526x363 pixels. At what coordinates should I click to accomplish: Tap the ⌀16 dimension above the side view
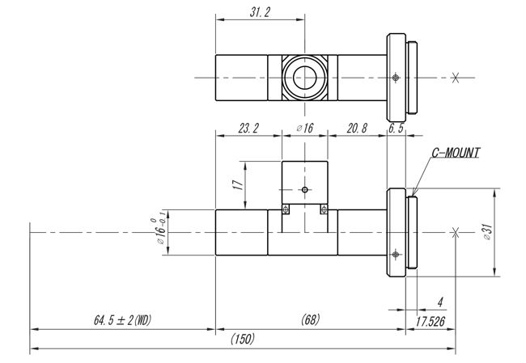(x=304, y=129)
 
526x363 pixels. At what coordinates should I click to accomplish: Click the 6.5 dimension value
(x=396, y=129)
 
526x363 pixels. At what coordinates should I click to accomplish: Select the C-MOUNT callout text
(x=455, y=151)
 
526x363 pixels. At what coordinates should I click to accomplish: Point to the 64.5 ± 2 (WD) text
(x=122, y=320)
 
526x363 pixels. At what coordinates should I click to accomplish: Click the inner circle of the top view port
(x=305, y=78)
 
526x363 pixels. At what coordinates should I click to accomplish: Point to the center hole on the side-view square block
(x=304, y=191)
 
